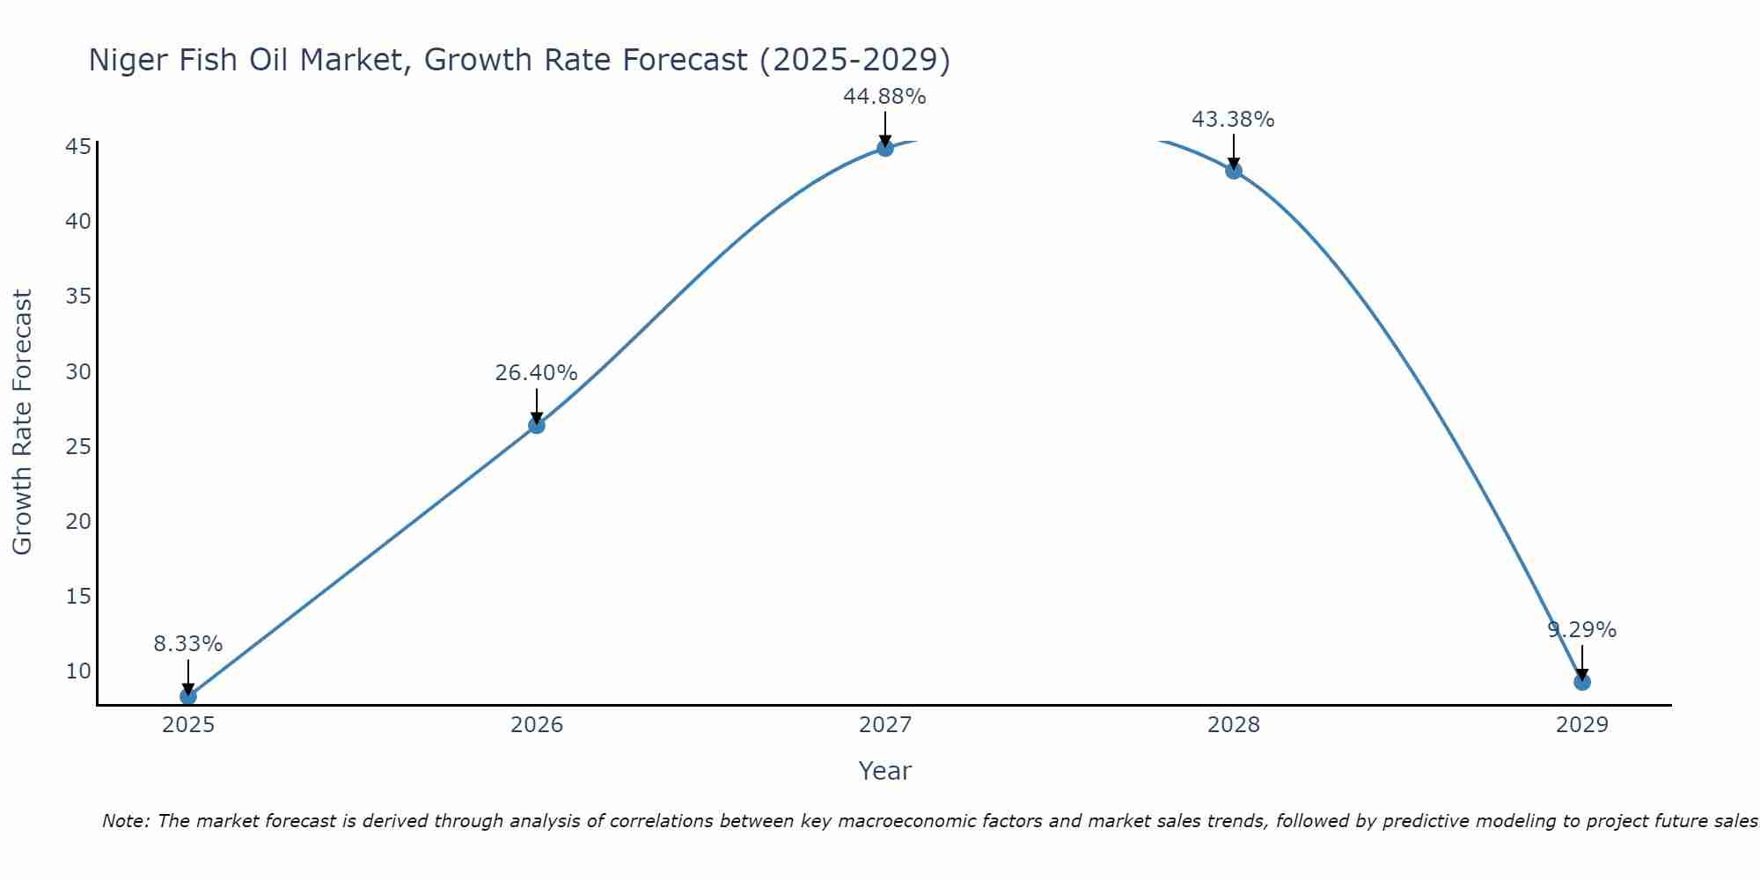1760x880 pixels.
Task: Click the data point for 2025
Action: pos(188,696)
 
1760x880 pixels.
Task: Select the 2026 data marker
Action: pos(537,425)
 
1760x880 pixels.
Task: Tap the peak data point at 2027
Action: pos(885,148)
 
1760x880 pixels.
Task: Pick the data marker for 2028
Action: pos(1234,171)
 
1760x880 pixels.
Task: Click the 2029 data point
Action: pos(1581,681)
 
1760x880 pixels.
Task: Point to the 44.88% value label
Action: pos(884,97)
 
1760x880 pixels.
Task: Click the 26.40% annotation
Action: pos(536,373)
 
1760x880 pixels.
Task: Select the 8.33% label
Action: pos(188,644)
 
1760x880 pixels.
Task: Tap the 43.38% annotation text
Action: pos(1233,120)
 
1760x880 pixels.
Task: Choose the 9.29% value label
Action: pos(1581,630)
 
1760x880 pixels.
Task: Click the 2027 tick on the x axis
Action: pos(885,725)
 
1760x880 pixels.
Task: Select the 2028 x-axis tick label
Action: pos(1234,725)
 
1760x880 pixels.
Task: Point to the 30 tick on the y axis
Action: pos(78,371)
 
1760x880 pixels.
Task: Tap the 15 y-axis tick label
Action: pos(78,597)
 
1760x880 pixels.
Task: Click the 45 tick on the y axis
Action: pos(78,146)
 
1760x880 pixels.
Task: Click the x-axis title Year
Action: pos(884,771)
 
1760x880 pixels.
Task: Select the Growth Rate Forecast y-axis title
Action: pos(23,422)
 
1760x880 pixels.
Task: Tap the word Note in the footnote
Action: pos(126,821)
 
